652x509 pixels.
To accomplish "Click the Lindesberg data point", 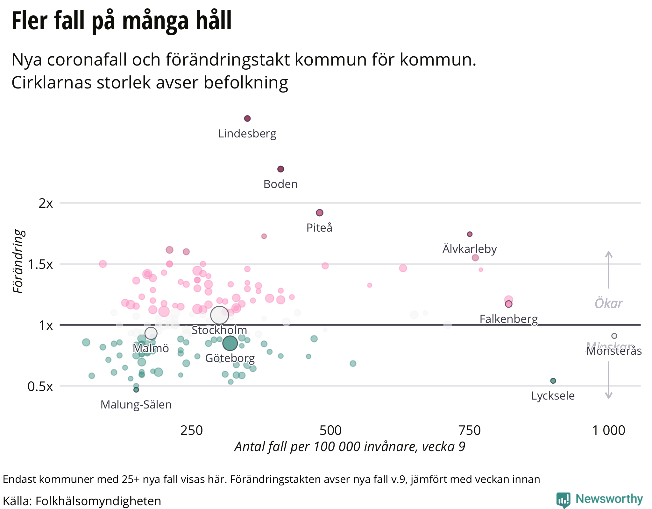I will [x=247, y=119].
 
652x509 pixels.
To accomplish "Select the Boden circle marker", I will [x=280, y=169].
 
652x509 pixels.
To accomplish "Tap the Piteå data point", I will [x=320, y=213].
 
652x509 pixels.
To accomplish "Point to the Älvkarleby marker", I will [x=470, y=234].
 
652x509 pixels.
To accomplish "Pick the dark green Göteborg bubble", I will [x=230, y=343].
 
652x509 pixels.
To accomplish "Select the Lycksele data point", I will [x=553, y=381].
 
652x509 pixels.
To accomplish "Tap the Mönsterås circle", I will [x=614, y=336].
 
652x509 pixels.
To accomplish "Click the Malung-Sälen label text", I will [x=136, y=405].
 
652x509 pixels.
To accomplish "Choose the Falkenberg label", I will [x=508, y=319].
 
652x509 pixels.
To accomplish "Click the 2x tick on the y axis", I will [x=46, y=203].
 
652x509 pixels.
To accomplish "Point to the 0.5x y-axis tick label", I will [x=40, y=387].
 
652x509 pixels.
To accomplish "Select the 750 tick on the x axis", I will [x=469, y=430].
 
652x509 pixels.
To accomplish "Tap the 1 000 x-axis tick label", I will [x=608, y=430].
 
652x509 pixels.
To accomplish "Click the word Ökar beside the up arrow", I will [x=608, y=303].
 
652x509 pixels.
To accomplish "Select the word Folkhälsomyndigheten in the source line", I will [x=98, y=501].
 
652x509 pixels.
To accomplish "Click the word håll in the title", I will [x=214, y=21].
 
